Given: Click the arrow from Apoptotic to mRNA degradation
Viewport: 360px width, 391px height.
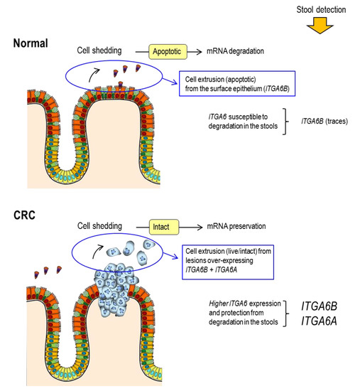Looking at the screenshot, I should pyautogui.click(x=204, y=52).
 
